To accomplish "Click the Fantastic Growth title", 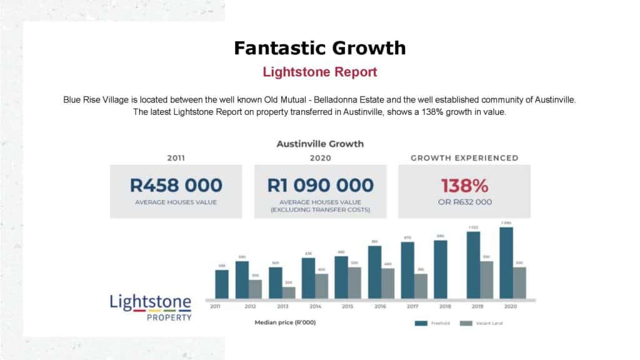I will pos(320,48).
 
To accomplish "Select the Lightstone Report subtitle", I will pos(320,72).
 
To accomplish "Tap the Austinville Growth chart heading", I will pos(320,144).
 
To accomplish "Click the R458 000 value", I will pos(176,185).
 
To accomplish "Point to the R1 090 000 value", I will pos(320,185).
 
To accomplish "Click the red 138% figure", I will pos(464,185).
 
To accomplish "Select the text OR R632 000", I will pos(464,202).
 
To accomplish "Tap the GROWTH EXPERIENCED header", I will pos(464,158).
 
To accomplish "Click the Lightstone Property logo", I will pos(151,306).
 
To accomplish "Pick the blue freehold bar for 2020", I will pos(506,262).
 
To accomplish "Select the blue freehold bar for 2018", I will pos(441,269).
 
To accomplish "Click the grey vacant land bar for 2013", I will pos(288,292).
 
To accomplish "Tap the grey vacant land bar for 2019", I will pos(487,279).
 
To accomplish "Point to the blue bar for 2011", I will pos(222,284).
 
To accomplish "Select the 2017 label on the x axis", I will pos(412,306).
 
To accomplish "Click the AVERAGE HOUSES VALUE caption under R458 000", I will pos(176,202).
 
